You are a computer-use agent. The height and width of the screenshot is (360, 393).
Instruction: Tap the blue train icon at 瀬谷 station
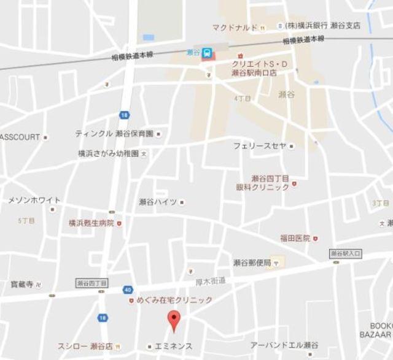pos(208,53)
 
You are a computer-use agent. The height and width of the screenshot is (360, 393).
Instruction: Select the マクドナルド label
pos(235,27)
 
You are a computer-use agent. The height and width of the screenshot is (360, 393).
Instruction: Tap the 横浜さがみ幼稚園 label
pos(108,153)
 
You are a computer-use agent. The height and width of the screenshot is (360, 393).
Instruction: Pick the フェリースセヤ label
pos(260,146)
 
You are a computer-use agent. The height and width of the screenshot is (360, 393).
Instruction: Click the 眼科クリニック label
pos(263,187)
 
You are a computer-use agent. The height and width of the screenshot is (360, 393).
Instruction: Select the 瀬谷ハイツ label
pos(158,202)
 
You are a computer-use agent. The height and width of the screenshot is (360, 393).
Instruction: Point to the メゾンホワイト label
pos(34,200)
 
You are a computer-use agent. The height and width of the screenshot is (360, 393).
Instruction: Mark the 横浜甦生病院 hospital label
pos(91,223)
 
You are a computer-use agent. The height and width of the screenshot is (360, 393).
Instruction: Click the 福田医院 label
pos(295,238)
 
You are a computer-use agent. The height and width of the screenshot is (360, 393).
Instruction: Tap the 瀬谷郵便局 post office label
pos(252,262)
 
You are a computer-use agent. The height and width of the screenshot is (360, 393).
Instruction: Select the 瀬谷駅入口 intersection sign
pos(346,253)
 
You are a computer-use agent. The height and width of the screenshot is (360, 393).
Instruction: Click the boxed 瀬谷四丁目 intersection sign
pos(91,283)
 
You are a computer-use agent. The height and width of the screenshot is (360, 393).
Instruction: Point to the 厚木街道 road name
pos(211,281)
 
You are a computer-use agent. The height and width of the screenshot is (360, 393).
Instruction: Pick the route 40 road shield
pos(126,289)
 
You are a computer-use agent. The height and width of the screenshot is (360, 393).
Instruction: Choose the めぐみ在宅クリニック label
pos(174,300)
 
